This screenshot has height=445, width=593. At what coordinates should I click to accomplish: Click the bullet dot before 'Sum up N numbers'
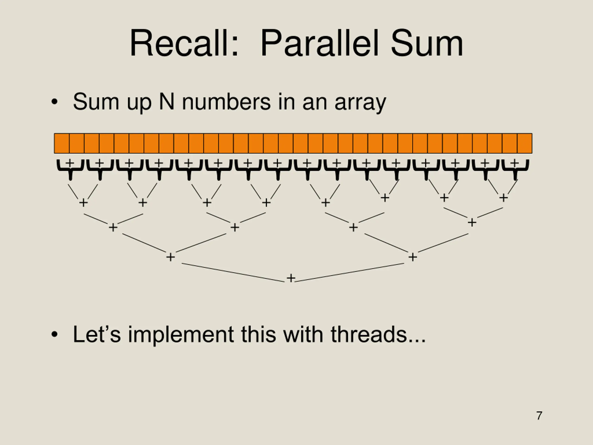[x=54, y=102]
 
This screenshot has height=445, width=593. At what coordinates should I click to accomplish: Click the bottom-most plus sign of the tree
[x=291, y=278]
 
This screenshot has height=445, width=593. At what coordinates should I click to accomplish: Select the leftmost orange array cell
[x=62, y=143]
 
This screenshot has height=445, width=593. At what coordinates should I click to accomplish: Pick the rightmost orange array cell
[x=525, y=143]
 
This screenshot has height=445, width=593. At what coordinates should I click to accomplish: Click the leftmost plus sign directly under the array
[x=70, y=162]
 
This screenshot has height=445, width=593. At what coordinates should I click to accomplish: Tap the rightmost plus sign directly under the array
[x=514, y=162]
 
